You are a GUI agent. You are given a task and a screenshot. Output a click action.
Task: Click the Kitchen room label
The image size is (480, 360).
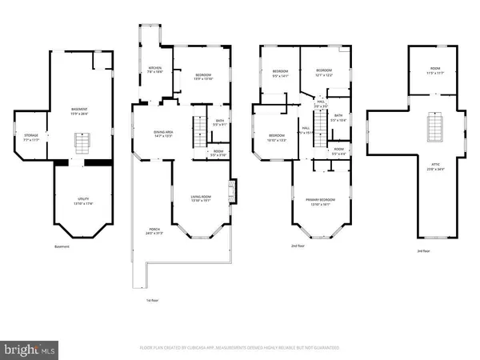155,70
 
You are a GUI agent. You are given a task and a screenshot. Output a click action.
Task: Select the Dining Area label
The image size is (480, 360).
164,134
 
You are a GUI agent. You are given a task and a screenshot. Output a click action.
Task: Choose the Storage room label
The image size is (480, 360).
30,138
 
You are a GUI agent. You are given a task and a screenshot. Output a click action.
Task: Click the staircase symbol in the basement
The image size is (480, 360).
80,144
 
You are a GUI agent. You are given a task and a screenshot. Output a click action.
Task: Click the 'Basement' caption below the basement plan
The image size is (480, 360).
62,246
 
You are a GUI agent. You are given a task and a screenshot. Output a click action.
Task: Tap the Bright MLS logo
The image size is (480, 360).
30,349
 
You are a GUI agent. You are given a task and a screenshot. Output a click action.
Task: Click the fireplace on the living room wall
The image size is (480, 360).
232,191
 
